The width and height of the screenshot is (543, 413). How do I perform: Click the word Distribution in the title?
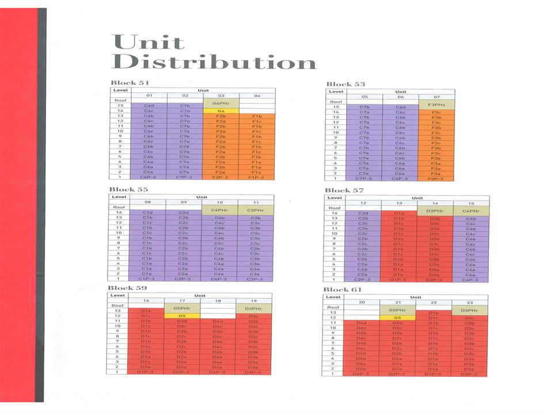(x=214, y=62)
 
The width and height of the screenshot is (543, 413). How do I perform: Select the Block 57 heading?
(x=344, y=190)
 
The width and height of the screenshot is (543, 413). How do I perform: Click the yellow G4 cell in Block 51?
(x=221, y=111)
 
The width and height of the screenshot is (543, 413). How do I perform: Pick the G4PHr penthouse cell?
(x=221, y=103)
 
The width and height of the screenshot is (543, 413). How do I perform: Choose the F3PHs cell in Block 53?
(x=436, y=104)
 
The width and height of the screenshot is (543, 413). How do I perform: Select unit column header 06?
(x=400, y=97)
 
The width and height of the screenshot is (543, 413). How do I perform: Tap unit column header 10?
(x=219, y=203)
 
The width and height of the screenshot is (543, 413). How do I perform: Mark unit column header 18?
(x=218, y=300)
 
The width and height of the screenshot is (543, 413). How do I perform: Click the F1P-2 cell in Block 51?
(x=256, y=177)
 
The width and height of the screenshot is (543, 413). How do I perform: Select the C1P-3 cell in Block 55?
(x=147, y=279)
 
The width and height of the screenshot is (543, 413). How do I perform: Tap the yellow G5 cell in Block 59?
(x=182, y=316)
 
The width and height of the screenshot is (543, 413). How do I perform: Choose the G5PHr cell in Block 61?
(x=397, y=312)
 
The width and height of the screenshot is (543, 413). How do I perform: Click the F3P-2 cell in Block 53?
(x=436, y=179)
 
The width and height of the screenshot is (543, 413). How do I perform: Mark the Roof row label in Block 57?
(x=335, y=208)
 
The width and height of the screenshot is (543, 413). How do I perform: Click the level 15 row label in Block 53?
(x=336, y=107)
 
